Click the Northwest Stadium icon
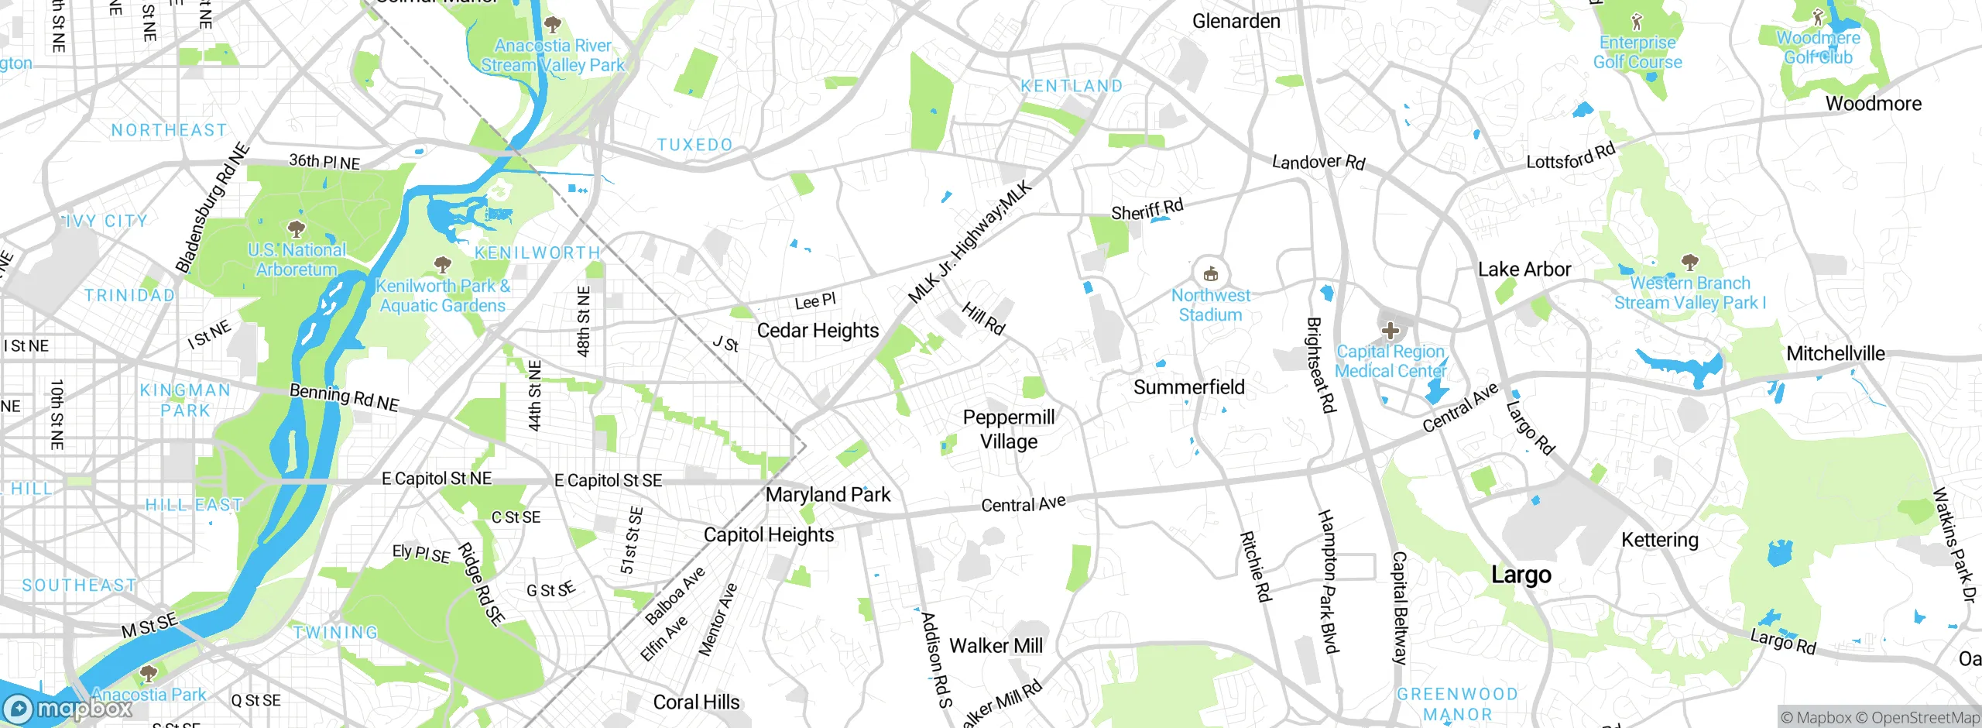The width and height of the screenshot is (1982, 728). pyautogui.click(x=1211, y=273)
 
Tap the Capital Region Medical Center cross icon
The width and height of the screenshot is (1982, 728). pyautogui.click(x=1390, y=331)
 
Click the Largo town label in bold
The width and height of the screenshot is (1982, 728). pyautogui.click(x=1521, y=575)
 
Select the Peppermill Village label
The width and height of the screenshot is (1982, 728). pyautogui.click(x=1009, y=429)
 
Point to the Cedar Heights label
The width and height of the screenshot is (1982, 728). pyautogui.click(x=818, y=331)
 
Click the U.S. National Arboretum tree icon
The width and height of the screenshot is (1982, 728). pyautogui.click(x=296, y=228)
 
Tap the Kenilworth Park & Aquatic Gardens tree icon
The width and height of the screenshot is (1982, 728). pyautogui.click(x=442, y=265)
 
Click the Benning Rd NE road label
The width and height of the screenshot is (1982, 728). pyautogui.click(x=345, y=397)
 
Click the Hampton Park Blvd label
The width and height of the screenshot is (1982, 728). pyautogui.click(x=1329, y=581)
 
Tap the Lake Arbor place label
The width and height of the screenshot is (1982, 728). pyautogui.click(x=1524, y=270)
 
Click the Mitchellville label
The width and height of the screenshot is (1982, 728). pyautogui.click(x=1836, y=354)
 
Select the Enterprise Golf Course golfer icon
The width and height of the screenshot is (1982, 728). pyautogui.click(x=1637, y=21)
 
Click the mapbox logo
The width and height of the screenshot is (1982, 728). pyautogui.click(x=68, y=709)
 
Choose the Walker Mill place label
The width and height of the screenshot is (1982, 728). pyautogui.click(x=996, y=646)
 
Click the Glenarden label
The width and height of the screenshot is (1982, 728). pyautogui.click(x=1236, y=22)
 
